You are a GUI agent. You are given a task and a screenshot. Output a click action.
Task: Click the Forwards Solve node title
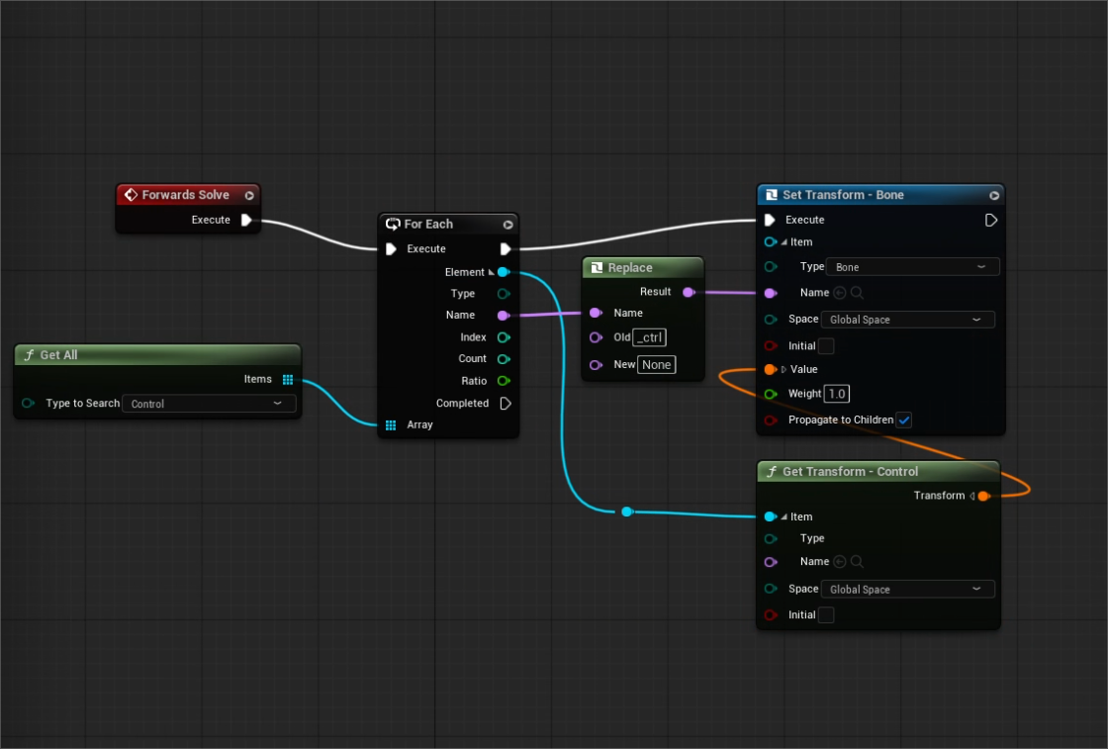click(x=185, y=194)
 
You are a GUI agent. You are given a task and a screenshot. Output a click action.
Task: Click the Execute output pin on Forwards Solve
click(x=246, y=220)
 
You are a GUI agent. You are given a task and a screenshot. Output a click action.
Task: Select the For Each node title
click(x=428, y=224)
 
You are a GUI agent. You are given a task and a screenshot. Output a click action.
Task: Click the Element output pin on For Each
click(x=504, y=272)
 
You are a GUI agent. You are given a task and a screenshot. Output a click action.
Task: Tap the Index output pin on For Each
click(x=504, y=337)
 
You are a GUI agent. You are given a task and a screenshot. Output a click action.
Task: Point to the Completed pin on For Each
click(x=506, y=403)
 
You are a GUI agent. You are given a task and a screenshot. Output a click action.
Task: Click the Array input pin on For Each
click(x=391, y=424)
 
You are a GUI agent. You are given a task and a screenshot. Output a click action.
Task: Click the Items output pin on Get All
click(x=288, y=379)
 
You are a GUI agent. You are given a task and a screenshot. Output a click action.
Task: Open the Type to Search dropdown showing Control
click(x=209, y=404)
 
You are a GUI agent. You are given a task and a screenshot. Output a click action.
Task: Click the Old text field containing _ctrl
click(x=649, y=337)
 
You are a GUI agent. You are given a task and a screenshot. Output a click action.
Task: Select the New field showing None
click(x=657, y=365)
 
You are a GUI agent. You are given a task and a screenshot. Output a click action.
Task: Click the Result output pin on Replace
click(x=689, y=292)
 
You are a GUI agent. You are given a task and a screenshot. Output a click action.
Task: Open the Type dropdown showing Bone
click(x=912, y=267)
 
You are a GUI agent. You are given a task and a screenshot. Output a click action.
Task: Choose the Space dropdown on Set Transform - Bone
click(x=908, y=320)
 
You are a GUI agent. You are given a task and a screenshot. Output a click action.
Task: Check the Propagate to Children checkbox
click(x=904, y=420)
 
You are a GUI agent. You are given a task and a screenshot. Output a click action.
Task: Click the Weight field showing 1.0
click(x=837, y=394)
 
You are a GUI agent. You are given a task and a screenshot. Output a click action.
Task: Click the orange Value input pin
click(x=771, y=369)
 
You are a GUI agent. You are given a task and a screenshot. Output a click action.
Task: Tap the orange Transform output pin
click(x=983, y=496)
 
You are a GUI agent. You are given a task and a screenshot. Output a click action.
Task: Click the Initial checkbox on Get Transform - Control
click(x=825, y=614)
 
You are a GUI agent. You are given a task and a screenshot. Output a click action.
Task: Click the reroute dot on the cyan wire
click(x=627, y=512)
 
